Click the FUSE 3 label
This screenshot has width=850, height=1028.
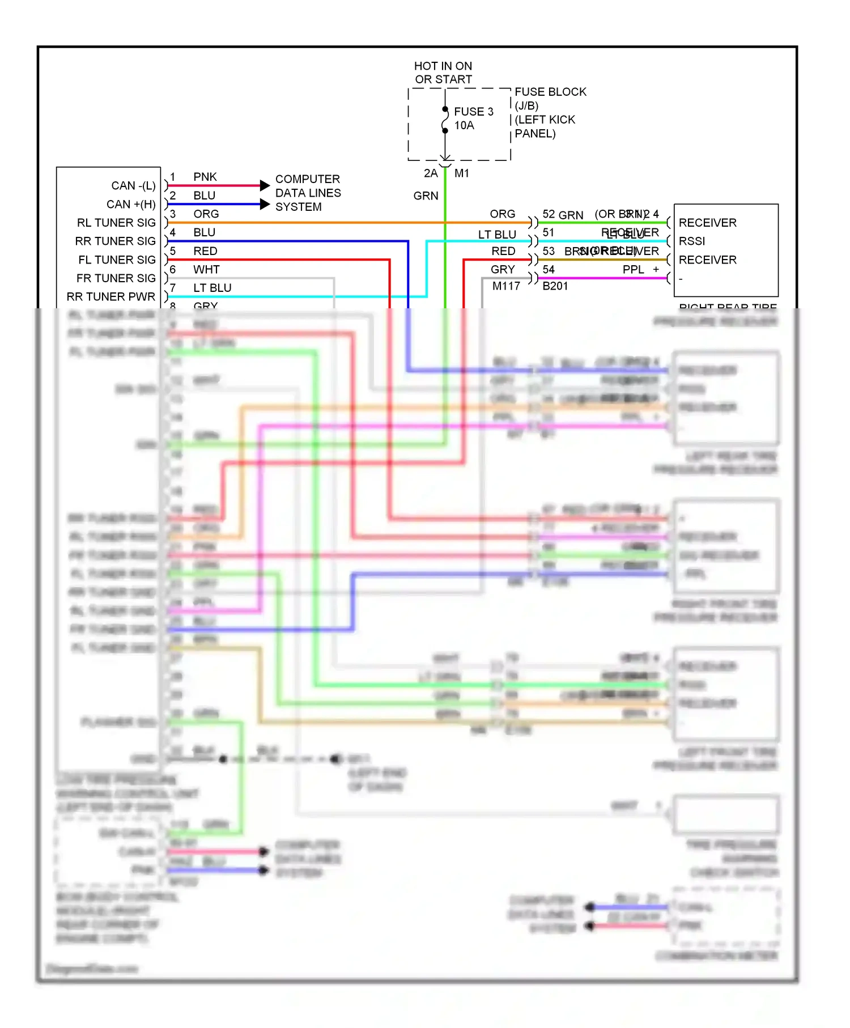pos(473,112)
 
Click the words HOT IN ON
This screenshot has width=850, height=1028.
pos(443,66)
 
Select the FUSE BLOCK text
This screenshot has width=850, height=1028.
pos(550,92)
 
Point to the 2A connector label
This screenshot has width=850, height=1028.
pos(431,173)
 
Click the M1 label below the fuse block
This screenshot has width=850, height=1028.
pos(462,173)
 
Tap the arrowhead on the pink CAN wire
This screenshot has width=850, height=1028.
pos(265,185)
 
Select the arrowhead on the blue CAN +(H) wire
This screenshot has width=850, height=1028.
pos(265,204)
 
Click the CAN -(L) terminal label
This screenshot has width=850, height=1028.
pos(133,186)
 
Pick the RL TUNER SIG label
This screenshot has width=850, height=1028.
pos(116,223)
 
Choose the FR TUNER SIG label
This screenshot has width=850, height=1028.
pos(116,278)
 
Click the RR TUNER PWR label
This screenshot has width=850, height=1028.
pos(110,297)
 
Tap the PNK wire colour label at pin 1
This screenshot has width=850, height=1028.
pos(205,177)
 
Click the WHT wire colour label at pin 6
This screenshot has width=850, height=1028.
pos(206,270)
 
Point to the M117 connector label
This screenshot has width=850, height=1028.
pos(506,286)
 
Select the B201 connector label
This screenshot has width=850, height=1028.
pos(555,286)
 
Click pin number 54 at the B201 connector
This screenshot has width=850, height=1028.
pos(549,270)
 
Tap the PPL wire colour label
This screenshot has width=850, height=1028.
pos(634,270)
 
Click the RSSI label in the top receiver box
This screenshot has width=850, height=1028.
pos(692,241)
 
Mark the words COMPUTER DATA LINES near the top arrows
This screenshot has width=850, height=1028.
pos(308,186)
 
